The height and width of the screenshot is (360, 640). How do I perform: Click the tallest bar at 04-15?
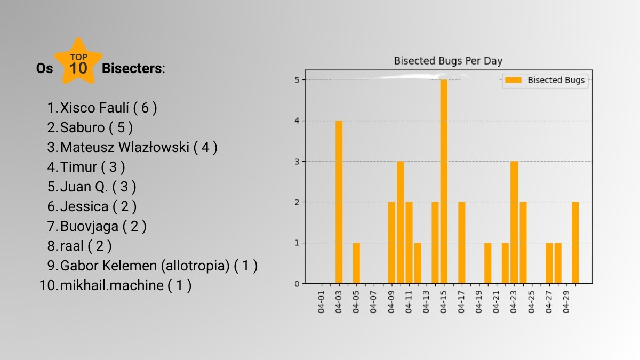(x=444, y=181)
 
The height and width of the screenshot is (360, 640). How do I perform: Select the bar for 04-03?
(x=339, y=202)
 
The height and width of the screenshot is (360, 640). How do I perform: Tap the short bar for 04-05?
(x=356, y=263)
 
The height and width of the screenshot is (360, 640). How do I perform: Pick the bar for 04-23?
(x=514, y=222)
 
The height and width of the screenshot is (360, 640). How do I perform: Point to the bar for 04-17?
(x=462, y=243)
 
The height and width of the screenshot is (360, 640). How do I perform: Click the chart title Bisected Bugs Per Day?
(x=448, y=61)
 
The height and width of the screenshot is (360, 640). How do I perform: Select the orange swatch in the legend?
(x=513, y=80)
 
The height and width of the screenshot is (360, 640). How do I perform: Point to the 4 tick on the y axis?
(x=297, y=121)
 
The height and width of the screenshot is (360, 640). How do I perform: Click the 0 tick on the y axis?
(x=297, y=284)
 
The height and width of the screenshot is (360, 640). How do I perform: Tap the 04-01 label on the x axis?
(x=322, y=302)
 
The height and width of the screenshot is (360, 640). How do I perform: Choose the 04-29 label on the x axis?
(x=566, y=302)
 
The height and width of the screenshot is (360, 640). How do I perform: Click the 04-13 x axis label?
(x=426, y=302)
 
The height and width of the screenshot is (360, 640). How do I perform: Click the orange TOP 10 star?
(x=78, y=61)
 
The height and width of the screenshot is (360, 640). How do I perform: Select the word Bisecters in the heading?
(x=132, y=68)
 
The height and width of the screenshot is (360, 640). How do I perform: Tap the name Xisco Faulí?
(x=94, y=108)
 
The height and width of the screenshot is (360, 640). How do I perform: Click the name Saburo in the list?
(x=83, y=127)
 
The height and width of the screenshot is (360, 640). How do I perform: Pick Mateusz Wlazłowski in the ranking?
(x=125, y=147)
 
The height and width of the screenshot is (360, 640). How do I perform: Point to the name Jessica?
(x=84, y=206)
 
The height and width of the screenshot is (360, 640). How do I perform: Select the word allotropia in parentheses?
(x=195, y=266)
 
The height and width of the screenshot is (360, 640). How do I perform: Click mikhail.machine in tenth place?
(x=111, y=285)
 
